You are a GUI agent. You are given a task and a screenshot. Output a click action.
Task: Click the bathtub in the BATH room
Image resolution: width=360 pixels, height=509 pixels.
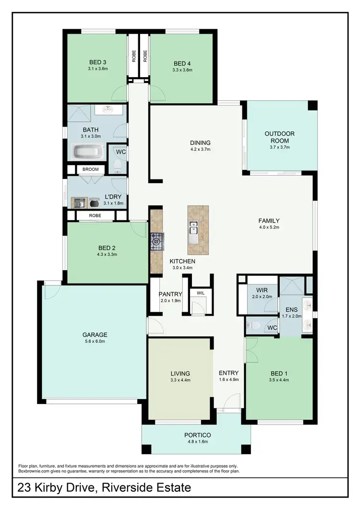click(87, 153)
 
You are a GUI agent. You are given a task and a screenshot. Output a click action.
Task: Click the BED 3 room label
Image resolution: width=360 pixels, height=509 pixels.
click(97, 62)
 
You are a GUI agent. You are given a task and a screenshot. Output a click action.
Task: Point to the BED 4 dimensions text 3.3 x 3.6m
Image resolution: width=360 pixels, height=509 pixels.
click(183, 70)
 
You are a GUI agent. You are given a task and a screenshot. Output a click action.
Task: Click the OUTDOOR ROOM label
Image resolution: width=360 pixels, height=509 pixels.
click(279, 137)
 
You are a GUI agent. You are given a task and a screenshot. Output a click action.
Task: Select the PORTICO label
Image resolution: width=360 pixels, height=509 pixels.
click(197, 435)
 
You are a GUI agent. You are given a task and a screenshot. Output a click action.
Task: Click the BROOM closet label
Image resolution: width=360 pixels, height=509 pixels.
click(90, 169)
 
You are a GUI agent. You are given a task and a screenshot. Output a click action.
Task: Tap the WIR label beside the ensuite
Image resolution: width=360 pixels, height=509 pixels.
click(262, 291)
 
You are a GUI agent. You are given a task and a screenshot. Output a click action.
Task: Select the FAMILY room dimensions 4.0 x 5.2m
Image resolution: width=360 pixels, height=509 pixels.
click(269, 227)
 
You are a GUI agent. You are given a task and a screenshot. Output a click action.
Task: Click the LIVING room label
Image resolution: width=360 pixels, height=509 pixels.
click(180, 373)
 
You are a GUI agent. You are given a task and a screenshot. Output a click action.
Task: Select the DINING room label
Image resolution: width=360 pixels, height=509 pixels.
click(200, 142)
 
